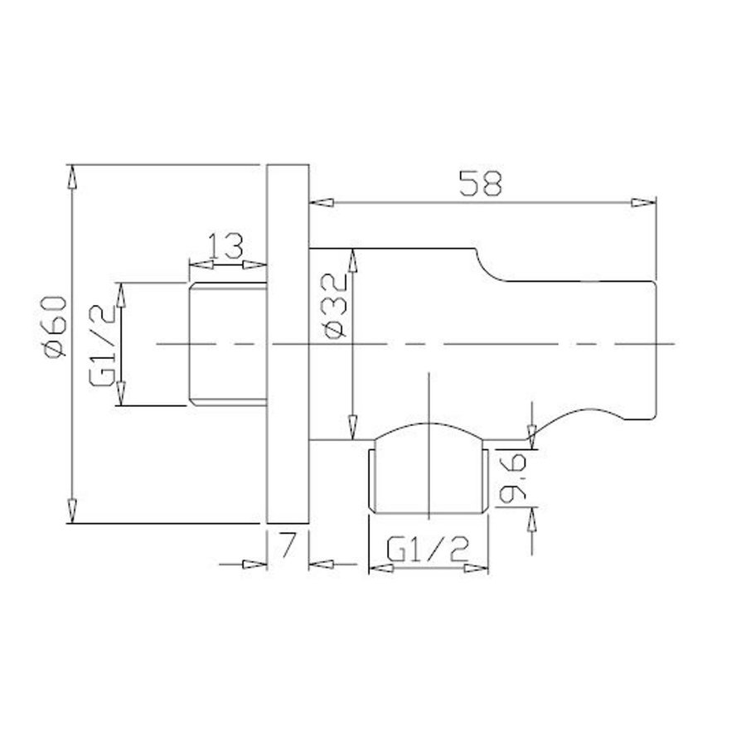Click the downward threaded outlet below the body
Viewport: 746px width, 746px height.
(x=427, y=481)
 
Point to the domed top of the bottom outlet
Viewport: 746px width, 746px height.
(x=427, y=431)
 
